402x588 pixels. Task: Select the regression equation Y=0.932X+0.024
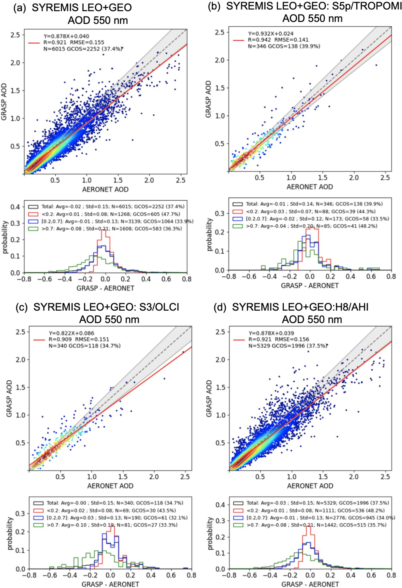[x=271, y=34]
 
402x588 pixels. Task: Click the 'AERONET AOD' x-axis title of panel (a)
[x=105, y=189]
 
